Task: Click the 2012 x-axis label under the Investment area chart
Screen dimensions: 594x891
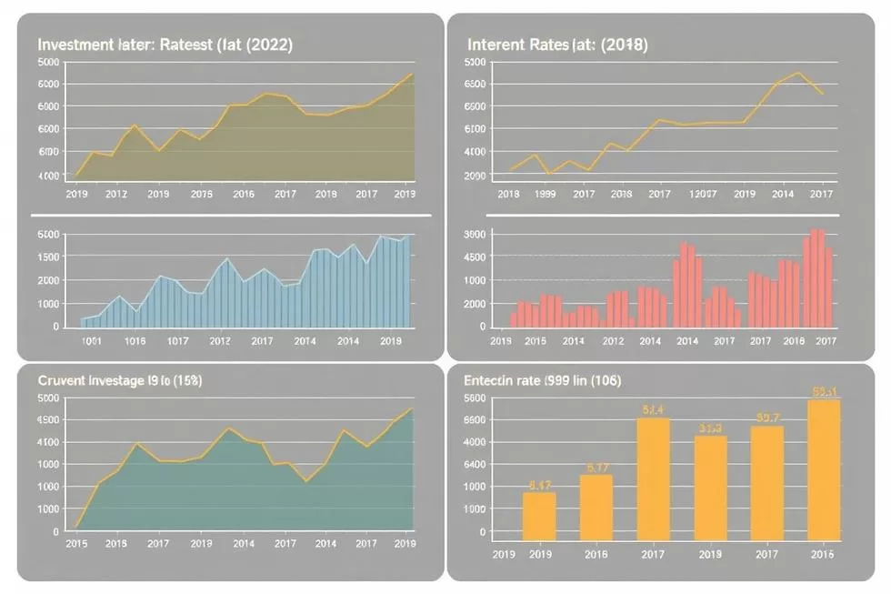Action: [115, 194]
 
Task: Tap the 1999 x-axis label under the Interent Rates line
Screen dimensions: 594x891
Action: [546, 194]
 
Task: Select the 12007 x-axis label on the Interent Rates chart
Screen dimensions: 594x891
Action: [703, 194]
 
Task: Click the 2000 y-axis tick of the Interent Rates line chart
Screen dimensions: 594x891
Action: [476, 175]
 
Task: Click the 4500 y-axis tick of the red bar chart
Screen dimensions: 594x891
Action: [477, 257]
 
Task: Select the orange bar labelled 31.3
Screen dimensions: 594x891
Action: [711, 487]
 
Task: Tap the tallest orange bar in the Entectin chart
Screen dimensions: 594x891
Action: [824, 468]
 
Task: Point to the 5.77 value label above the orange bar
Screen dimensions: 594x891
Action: [597, 468]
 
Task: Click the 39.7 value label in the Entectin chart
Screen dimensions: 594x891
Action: [767, 418]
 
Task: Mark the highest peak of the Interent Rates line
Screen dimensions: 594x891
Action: [797, 73]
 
